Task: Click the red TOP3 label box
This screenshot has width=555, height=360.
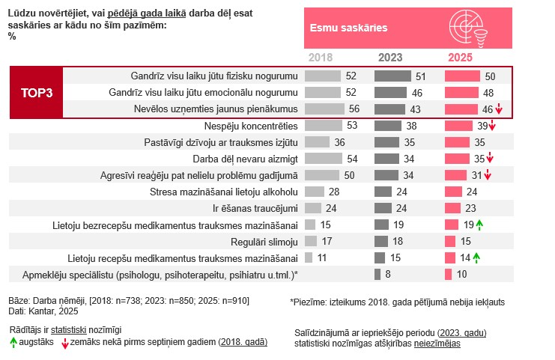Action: coord(34,93)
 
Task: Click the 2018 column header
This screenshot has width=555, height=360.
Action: coord(320,57)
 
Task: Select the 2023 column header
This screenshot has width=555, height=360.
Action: coord(389,57)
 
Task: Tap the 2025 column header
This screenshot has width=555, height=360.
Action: coord(460,57)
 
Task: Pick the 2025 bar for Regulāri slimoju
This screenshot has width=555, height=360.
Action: coord(450,242)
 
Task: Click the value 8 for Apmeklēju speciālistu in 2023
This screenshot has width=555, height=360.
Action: coord(388,275)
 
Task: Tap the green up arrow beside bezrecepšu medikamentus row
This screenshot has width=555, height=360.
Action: coord(478,225)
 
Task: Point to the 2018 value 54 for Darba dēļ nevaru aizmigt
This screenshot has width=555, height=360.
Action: coord(350,159)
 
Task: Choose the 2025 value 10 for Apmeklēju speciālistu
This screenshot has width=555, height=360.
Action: coord(461,275)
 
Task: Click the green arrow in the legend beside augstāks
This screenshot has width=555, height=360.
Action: coord(13,342)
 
